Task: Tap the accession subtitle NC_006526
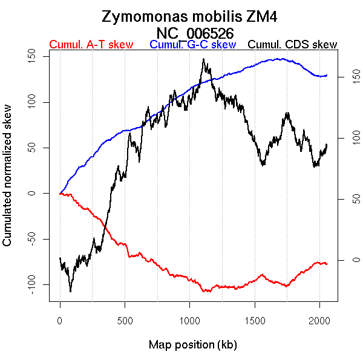pos(194,32)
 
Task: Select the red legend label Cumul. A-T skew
pos(91,45)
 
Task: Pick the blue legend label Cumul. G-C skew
pos(193,45)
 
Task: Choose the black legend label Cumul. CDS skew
pos(293,45)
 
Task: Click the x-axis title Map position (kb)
pos(192,345)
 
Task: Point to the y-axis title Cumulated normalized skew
pos(8,183)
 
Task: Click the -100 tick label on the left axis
pos(37,284)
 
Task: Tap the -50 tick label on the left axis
pos(37,238)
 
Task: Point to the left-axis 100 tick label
pos(37,102)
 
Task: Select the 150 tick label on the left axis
pos(37,57)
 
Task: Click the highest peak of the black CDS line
pos(203,59)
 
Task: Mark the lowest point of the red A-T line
pos(206,292)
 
